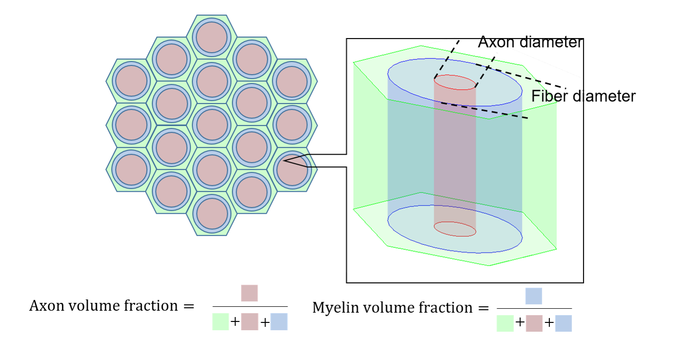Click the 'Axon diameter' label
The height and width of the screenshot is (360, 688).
coord(530,42)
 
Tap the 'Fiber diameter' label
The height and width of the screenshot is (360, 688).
coord(583,97)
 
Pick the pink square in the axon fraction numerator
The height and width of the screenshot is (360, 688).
coord(249,293)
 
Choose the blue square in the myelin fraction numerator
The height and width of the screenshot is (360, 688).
coord(534,296)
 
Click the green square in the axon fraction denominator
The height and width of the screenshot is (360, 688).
coord(221,322)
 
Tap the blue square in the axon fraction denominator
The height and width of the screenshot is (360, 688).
coord(279,322)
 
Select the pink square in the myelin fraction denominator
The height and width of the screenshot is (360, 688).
coord(534,323)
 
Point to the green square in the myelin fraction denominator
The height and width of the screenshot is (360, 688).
coord(505,323)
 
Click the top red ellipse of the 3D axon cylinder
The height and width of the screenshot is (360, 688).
coord(455,82)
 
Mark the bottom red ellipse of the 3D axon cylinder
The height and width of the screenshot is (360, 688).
coord(455,229)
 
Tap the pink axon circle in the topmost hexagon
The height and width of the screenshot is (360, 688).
coord(211,38)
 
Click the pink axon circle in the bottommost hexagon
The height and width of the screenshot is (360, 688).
coord(211,214)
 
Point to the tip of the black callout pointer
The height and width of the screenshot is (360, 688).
coord(284,160)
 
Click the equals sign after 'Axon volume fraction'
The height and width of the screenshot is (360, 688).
coord(188,306)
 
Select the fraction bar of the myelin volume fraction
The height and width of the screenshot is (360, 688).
coord(534,308)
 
